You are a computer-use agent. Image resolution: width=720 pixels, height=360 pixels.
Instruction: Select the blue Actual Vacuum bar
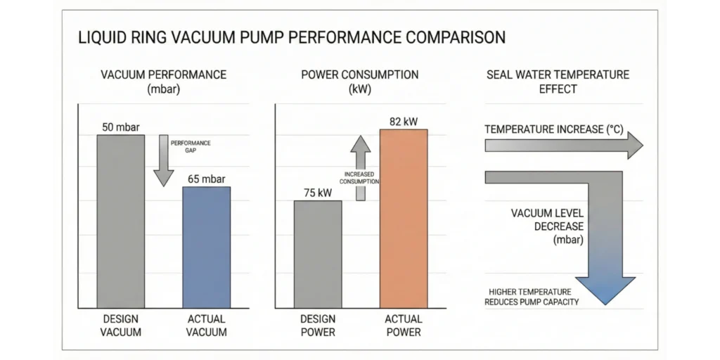coord(206,246)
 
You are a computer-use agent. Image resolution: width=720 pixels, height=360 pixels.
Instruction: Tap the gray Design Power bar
coord(318,253)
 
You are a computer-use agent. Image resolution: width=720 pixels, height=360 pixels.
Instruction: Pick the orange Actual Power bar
coord(403,218)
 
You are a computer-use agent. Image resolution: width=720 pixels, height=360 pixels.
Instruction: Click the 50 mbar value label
coord(121,127)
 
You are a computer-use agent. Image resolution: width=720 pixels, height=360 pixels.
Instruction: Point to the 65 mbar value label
coord(206,179)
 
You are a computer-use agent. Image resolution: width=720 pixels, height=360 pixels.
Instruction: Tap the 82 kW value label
coord(403,122)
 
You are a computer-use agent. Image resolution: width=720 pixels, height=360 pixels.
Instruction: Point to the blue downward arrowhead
coord(605,290)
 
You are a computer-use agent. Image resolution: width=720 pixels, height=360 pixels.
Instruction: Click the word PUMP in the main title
coord(269,37)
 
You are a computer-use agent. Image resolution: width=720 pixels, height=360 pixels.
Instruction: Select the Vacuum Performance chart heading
coord(163,82)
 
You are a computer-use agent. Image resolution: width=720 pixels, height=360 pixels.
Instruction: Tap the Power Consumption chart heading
coord(360,82)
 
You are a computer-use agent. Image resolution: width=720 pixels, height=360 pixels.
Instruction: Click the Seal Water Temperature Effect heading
coord(558,82)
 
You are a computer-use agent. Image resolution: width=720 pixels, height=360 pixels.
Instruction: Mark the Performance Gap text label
coord(190,146)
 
